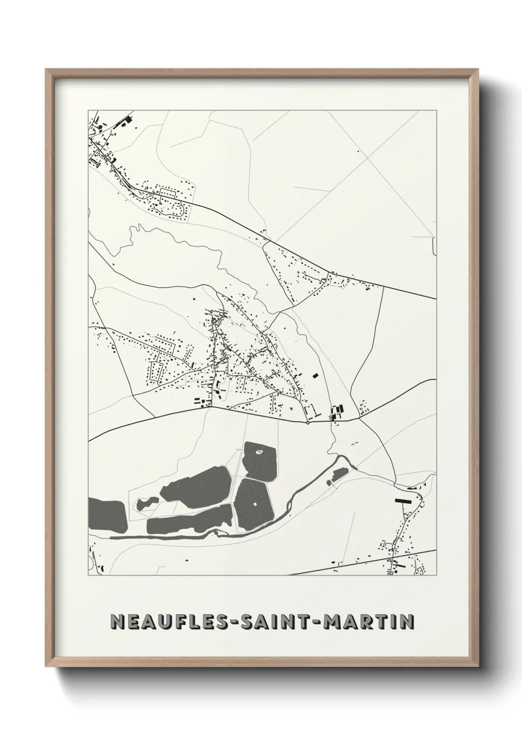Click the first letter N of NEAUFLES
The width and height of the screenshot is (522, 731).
click(x=118, y=622)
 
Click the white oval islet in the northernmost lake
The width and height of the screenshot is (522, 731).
click(x=260, y=450)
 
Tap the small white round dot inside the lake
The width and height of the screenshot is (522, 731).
click(x=255, y=504)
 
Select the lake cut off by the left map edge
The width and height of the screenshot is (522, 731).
click(x=106, y=514)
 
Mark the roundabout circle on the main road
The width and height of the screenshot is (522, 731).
click(x=307, y=422)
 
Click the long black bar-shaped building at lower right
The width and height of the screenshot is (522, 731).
click(x=403, y=500)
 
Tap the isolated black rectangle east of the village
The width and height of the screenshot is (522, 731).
click(x=314, y=375)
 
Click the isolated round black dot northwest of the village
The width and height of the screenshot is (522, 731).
click(x=194, y=299)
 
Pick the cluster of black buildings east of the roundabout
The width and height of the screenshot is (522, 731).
click(x=337, y=411)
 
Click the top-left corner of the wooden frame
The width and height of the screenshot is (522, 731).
click(x=47, y=71)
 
